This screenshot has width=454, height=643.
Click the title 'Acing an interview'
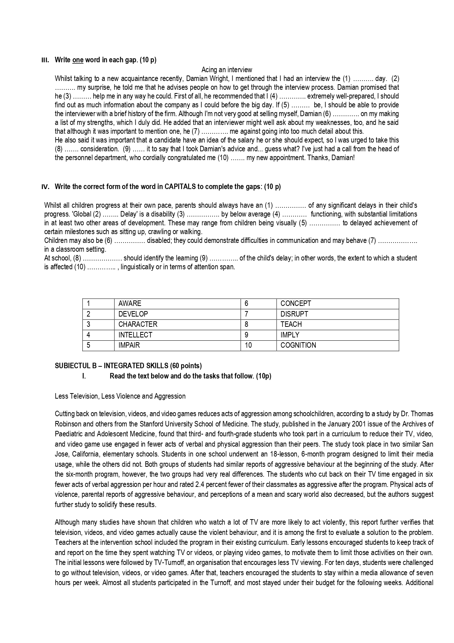pyautogui.click(x=226, y=70)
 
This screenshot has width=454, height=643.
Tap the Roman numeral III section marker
pyautogui.click(x=45, y=60)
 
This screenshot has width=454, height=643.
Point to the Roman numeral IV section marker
pyautogui.click(x=45, y=187)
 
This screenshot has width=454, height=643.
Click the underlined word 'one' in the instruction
pyautogui.click(x=78, y=60)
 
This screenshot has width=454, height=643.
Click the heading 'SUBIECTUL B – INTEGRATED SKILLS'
pyautogui.click(x=128, y=366)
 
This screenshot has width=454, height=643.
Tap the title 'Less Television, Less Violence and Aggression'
pyautogui.click(x=120, y=396)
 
